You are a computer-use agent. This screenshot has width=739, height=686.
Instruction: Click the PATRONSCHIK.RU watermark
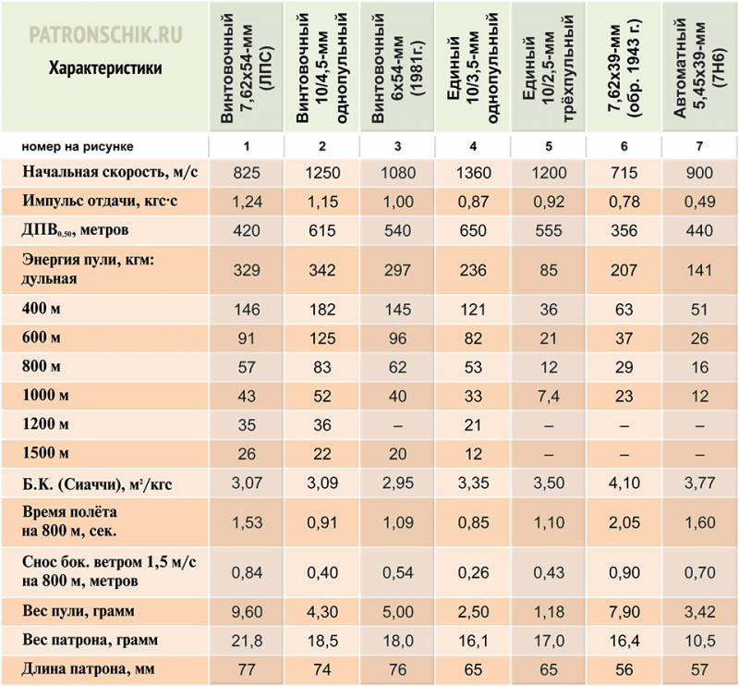[105, 35]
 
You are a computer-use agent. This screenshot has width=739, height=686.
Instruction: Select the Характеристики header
[105, 68]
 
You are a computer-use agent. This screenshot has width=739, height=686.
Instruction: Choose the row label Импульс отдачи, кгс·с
[100, 202]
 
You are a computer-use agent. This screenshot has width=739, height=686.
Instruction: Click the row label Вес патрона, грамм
[90, 640]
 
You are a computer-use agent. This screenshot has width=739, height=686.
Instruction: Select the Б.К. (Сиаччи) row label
[97, 484]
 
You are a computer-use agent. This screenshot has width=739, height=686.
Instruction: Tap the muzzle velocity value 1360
[473, 173]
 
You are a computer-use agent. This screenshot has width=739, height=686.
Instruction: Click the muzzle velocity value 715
[624, 173]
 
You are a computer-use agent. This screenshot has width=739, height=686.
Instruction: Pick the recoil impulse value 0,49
[699, 202]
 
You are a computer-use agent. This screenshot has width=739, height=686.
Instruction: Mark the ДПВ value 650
[473, 230]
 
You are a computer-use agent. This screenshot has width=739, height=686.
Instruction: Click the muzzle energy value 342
[322, 270]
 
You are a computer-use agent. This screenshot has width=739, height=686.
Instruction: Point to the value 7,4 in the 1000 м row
[549, 396]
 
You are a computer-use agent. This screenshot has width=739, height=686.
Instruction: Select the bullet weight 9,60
[247, 611]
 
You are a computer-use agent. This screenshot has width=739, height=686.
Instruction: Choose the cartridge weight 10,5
[699, 640]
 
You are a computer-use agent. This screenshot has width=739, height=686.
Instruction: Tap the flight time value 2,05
[624, 522]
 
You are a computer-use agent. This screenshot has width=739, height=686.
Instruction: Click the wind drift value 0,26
[473, 572]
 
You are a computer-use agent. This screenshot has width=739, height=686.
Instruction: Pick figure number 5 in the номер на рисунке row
[549, 146]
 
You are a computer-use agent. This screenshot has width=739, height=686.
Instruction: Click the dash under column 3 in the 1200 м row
[398, 425]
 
